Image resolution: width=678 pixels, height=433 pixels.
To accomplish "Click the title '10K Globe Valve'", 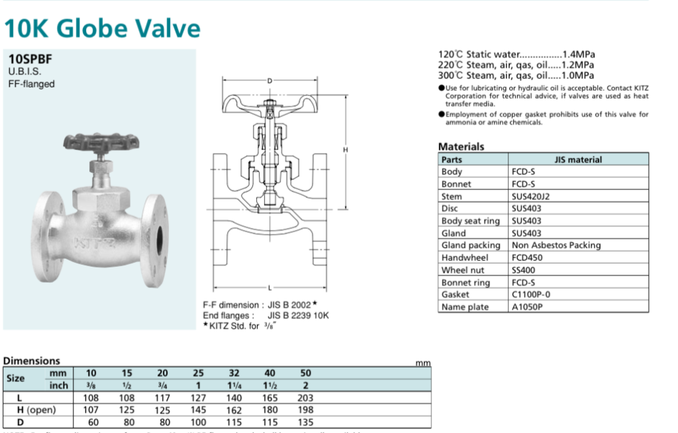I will point(102,28).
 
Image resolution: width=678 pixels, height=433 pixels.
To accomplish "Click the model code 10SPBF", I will point(30,58).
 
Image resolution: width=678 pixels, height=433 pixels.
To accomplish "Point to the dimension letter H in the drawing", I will point(344,150).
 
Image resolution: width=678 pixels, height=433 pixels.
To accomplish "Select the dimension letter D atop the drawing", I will point(269,81).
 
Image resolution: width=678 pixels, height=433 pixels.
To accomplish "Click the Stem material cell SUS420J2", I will point(531,196).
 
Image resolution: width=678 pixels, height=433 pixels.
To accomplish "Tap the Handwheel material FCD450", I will point(527,258).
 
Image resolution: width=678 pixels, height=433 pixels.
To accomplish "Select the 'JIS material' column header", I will point(578,160).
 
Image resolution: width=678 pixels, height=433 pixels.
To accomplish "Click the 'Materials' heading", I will point(461,146).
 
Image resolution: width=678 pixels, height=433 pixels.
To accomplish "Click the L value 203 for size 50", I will point(306,398).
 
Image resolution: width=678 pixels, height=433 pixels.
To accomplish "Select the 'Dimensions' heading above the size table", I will point(31,361).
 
